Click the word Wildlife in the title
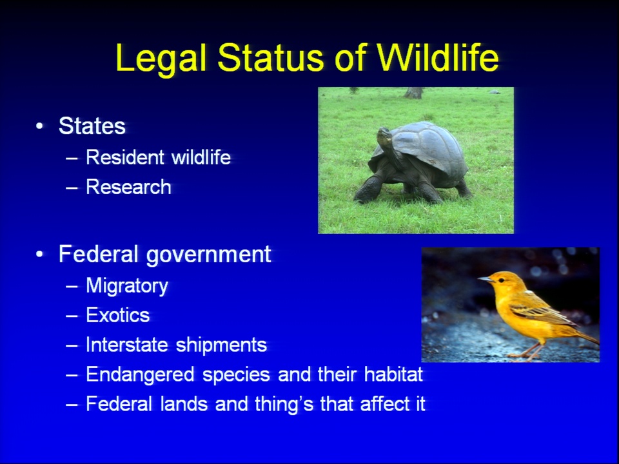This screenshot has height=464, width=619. [x=437, y=57]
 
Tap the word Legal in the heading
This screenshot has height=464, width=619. [x=161, y=59]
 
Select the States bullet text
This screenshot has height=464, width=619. [x=92, y=126]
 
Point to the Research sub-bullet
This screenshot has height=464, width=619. [x=129, y=187]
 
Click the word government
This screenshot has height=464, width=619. [x=208, y=255]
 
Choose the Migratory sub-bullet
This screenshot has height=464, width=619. [x=127, y=286]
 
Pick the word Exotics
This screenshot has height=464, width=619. [x=118, y=315]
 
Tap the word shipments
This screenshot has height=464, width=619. [x=221, y=345]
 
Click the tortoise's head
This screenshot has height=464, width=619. [x=384, y=136]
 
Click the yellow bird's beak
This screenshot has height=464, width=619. [x=485, y=279]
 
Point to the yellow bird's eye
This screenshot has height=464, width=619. [x=501, y=280]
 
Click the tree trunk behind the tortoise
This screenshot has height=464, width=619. [x=413, y=93]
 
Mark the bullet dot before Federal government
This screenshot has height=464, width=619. [x=39, y=255]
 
